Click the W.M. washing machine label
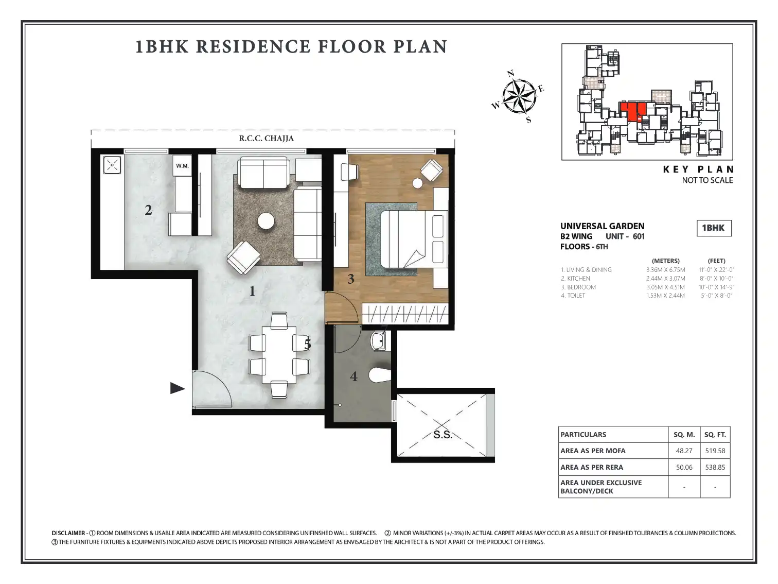182,166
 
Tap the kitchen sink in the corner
112,165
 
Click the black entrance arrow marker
178,388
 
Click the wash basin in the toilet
379,341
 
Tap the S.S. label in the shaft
443,434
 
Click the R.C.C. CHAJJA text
266,139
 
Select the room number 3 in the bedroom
351,279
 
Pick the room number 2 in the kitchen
148,210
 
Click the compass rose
519,96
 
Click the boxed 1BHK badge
714,228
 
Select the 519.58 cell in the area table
715,451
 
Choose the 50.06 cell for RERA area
684,467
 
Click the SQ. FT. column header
715,434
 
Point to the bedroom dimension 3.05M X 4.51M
665,287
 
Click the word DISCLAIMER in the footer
68,533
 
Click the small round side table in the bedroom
417,183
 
